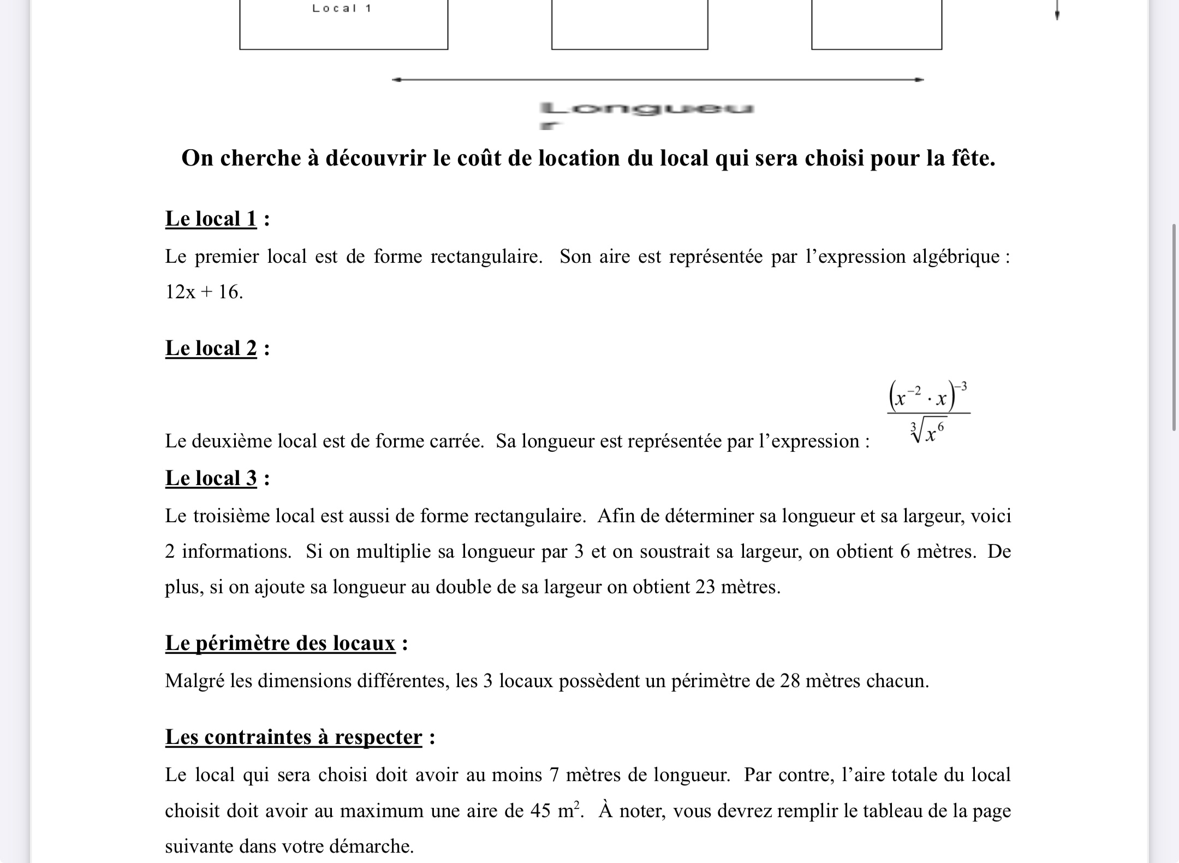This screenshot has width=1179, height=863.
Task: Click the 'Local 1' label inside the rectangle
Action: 342,8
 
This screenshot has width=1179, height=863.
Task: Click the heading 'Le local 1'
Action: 211,219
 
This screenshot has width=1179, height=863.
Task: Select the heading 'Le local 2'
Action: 211,348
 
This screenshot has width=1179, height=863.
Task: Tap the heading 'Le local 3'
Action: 211,478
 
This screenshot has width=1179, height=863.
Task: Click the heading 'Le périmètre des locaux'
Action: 280,643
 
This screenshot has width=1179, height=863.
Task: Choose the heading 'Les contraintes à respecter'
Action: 294,737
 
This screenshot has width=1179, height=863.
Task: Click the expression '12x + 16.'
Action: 204,292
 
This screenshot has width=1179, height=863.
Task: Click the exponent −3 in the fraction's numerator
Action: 962,387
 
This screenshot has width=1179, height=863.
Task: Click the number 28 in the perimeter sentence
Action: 790,681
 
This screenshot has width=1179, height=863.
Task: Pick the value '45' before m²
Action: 540,811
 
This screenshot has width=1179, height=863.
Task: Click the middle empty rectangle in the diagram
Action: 629,25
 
